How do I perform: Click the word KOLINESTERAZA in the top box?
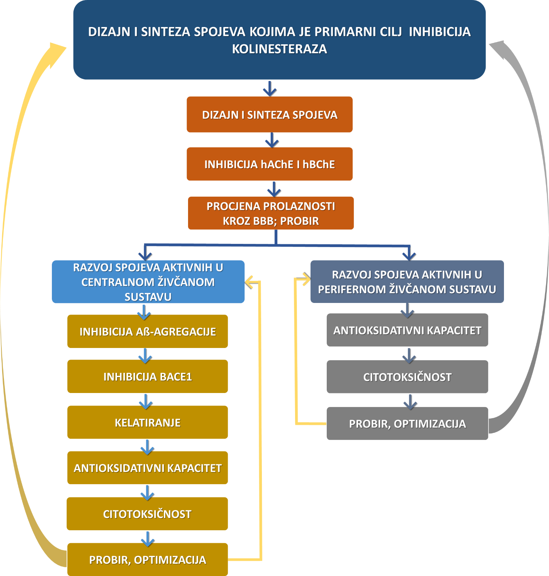point(279,49)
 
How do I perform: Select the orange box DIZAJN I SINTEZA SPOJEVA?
point(269,115)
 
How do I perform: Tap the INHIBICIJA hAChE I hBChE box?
point(269,164)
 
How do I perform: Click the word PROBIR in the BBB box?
point(299,221)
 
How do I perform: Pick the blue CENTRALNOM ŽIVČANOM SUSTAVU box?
point(148,282)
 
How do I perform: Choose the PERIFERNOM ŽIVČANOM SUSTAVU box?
point(407,282)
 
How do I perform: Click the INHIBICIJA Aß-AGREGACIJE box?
point(148,331)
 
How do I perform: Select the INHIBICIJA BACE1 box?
point(148,376)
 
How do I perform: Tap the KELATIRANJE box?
point(148,422)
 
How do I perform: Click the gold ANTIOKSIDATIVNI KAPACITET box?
point(148,468)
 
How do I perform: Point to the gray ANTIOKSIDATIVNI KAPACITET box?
point(407,330)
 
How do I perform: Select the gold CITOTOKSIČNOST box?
point(147,514)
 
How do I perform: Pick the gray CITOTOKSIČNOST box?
point(407,377)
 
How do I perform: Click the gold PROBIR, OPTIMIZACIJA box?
point(148,559)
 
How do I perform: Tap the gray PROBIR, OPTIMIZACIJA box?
point(407,424)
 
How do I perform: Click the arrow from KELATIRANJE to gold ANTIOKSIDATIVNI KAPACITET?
point(147,446)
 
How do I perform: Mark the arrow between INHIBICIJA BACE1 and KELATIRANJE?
point(146,401)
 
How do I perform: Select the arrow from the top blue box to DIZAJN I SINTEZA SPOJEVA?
point(269,88)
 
